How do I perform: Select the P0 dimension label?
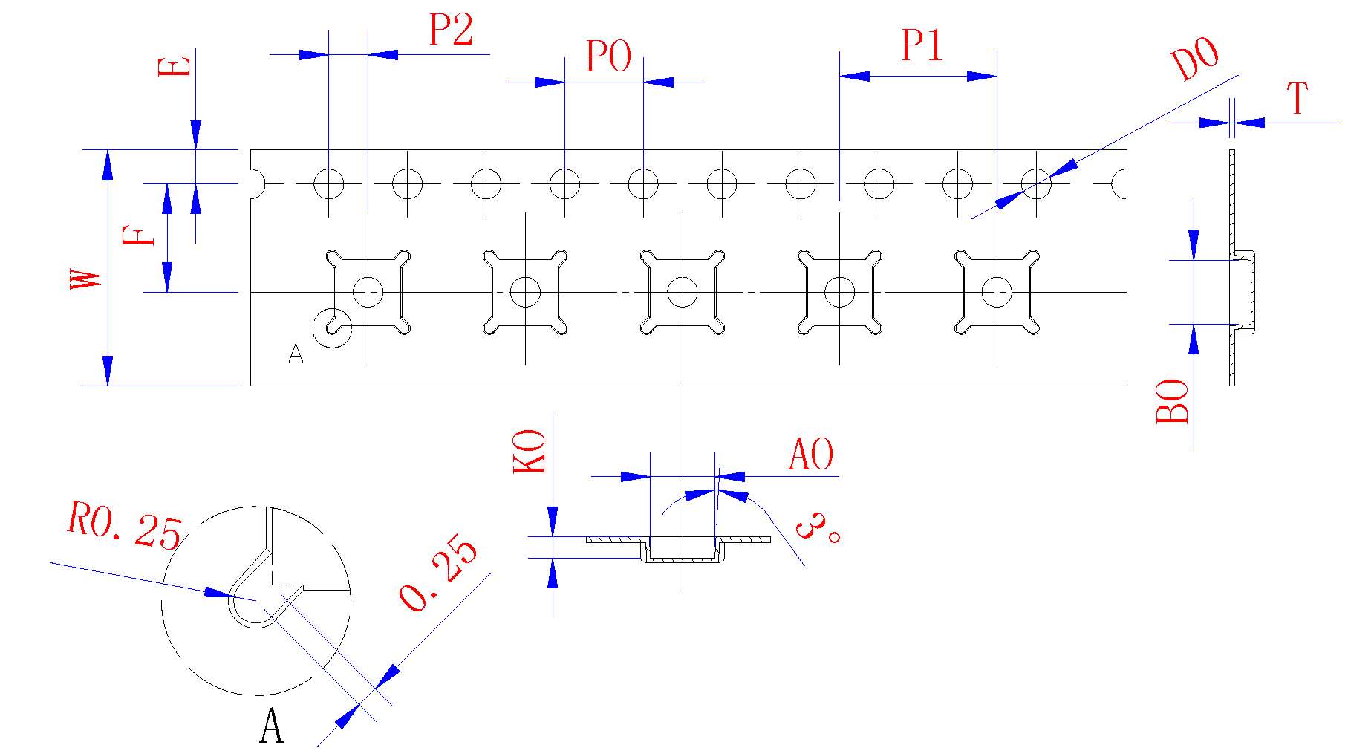pyautogui.click(x=608, y=57)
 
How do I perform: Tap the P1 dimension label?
pyautogui.click(x=922, y=46)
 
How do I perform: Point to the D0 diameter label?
pyautogui.click(x=1194, y=59)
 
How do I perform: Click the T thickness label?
pyautogui.click(x=1297, y=99)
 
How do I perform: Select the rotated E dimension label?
pyautogui.click(x=175, y=67)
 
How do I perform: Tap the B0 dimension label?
pyautogui.click(x=1173, y=401)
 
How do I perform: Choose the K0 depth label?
pyautogui.click(x=530, y=452)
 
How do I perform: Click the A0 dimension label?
pyautogui.click(x=811, y=455)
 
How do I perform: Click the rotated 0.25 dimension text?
pyautogui.click(x=439, y=573)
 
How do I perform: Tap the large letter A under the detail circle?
pyautogui.click(x=272, y=726)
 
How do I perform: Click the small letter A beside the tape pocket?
pyautogui.click(x=296, y=354)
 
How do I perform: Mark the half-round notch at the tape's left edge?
pyautogui.click(x=256, y=183)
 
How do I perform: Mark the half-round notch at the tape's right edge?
pyautogui.click(x=1121, y=183)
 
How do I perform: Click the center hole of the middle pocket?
pyautogui.click(x=683, y=292)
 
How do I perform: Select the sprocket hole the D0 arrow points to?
pyautogui.click(x=1036, y=183)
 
